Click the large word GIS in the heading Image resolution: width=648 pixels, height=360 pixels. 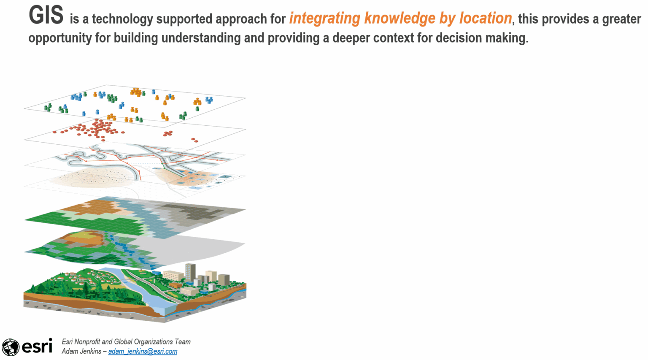46,15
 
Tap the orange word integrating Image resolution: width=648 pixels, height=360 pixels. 325,19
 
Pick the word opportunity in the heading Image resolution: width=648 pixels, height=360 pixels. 60,38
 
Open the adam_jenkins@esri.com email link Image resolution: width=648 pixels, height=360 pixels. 143,351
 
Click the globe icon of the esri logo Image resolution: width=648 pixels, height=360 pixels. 10,347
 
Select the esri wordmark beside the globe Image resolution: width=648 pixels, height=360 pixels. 37,346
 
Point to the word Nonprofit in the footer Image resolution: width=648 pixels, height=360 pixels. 87,342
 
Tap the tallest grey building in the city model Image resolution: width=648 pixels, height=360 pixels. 190,273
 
